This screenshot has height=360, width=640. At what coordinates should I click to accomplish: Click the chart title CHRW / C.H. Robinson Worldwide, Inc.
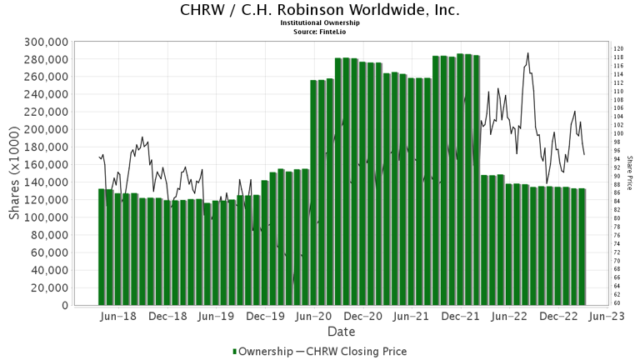(319, 10)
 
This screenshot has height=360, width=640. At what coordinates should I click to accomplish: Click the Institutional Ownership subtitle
(320, 23)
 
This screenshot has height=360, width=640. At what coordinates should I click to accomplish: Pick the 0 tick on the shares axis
(64, 306)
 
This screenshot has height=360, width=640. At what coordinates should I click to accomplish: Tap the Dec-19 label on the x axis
(266, 317)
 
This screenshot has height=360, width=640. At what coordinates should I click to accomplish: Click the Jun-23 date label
(607, 317)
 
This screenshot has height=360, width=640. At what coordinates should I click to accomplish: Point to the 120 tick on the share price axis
(619, 49)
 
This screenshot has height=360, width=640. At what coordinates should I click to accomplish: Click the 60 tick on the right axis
(617, 303)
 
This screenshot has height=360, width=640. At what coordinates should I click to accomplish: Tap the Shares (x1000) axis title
(14, 173)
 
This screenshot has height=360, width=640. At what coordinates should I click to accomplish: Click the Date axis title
(341, 332)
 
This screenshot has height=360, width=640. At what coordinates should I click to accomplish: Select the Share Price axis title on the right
(630, 173)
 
